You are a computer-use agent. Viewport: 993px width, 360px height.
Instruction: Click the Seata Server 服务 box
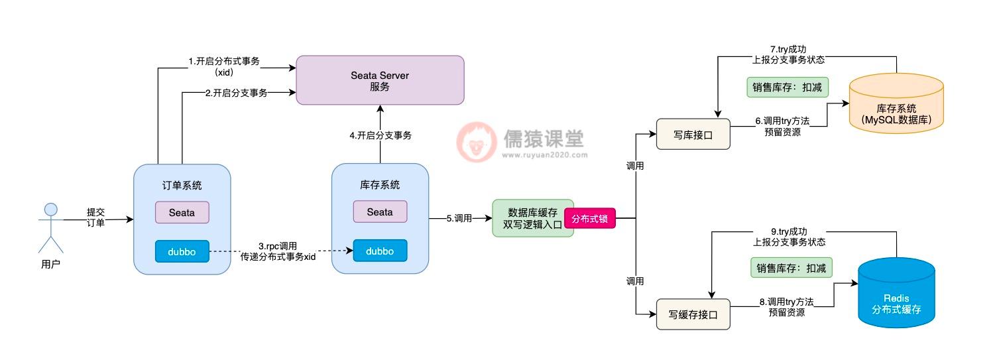click(379, 80)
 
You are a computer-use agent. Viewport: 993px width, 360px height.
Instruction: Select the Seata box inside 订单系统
click(182, 212)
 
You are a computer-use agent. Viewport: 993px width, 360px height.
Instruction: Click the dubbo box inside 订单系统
click(182, 251)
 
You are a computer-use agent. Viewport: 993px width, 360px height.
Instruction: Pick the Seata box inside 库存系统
click(380, 211)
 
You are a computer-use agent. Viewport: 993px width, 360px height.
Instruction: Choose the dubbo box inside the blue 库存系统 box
click(380, 251)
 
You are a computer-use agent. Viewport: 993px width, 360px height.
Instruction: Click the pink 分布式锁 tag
click(589, 218)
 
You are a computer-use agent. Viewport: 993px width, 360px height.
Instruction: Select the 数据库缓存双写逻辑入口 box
click(532, 218)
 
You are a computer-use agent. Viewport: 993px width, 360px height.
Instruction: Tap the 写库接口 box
click(692, 134)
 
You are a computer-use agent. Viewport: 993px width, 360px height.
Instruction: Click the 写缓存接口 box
click(692, 314)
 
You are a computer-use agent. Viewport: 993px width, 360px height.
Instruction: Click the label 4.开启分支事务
click(380, 135)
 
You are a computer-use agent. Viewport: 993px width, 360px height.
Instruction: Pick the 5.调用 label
click(458, 217)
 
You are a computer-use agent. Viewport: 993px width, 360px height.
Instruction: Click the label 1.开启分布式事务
click(224, 61)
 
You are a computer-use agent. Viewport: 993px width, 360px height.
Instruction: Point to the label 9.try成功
click(789, 231)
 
